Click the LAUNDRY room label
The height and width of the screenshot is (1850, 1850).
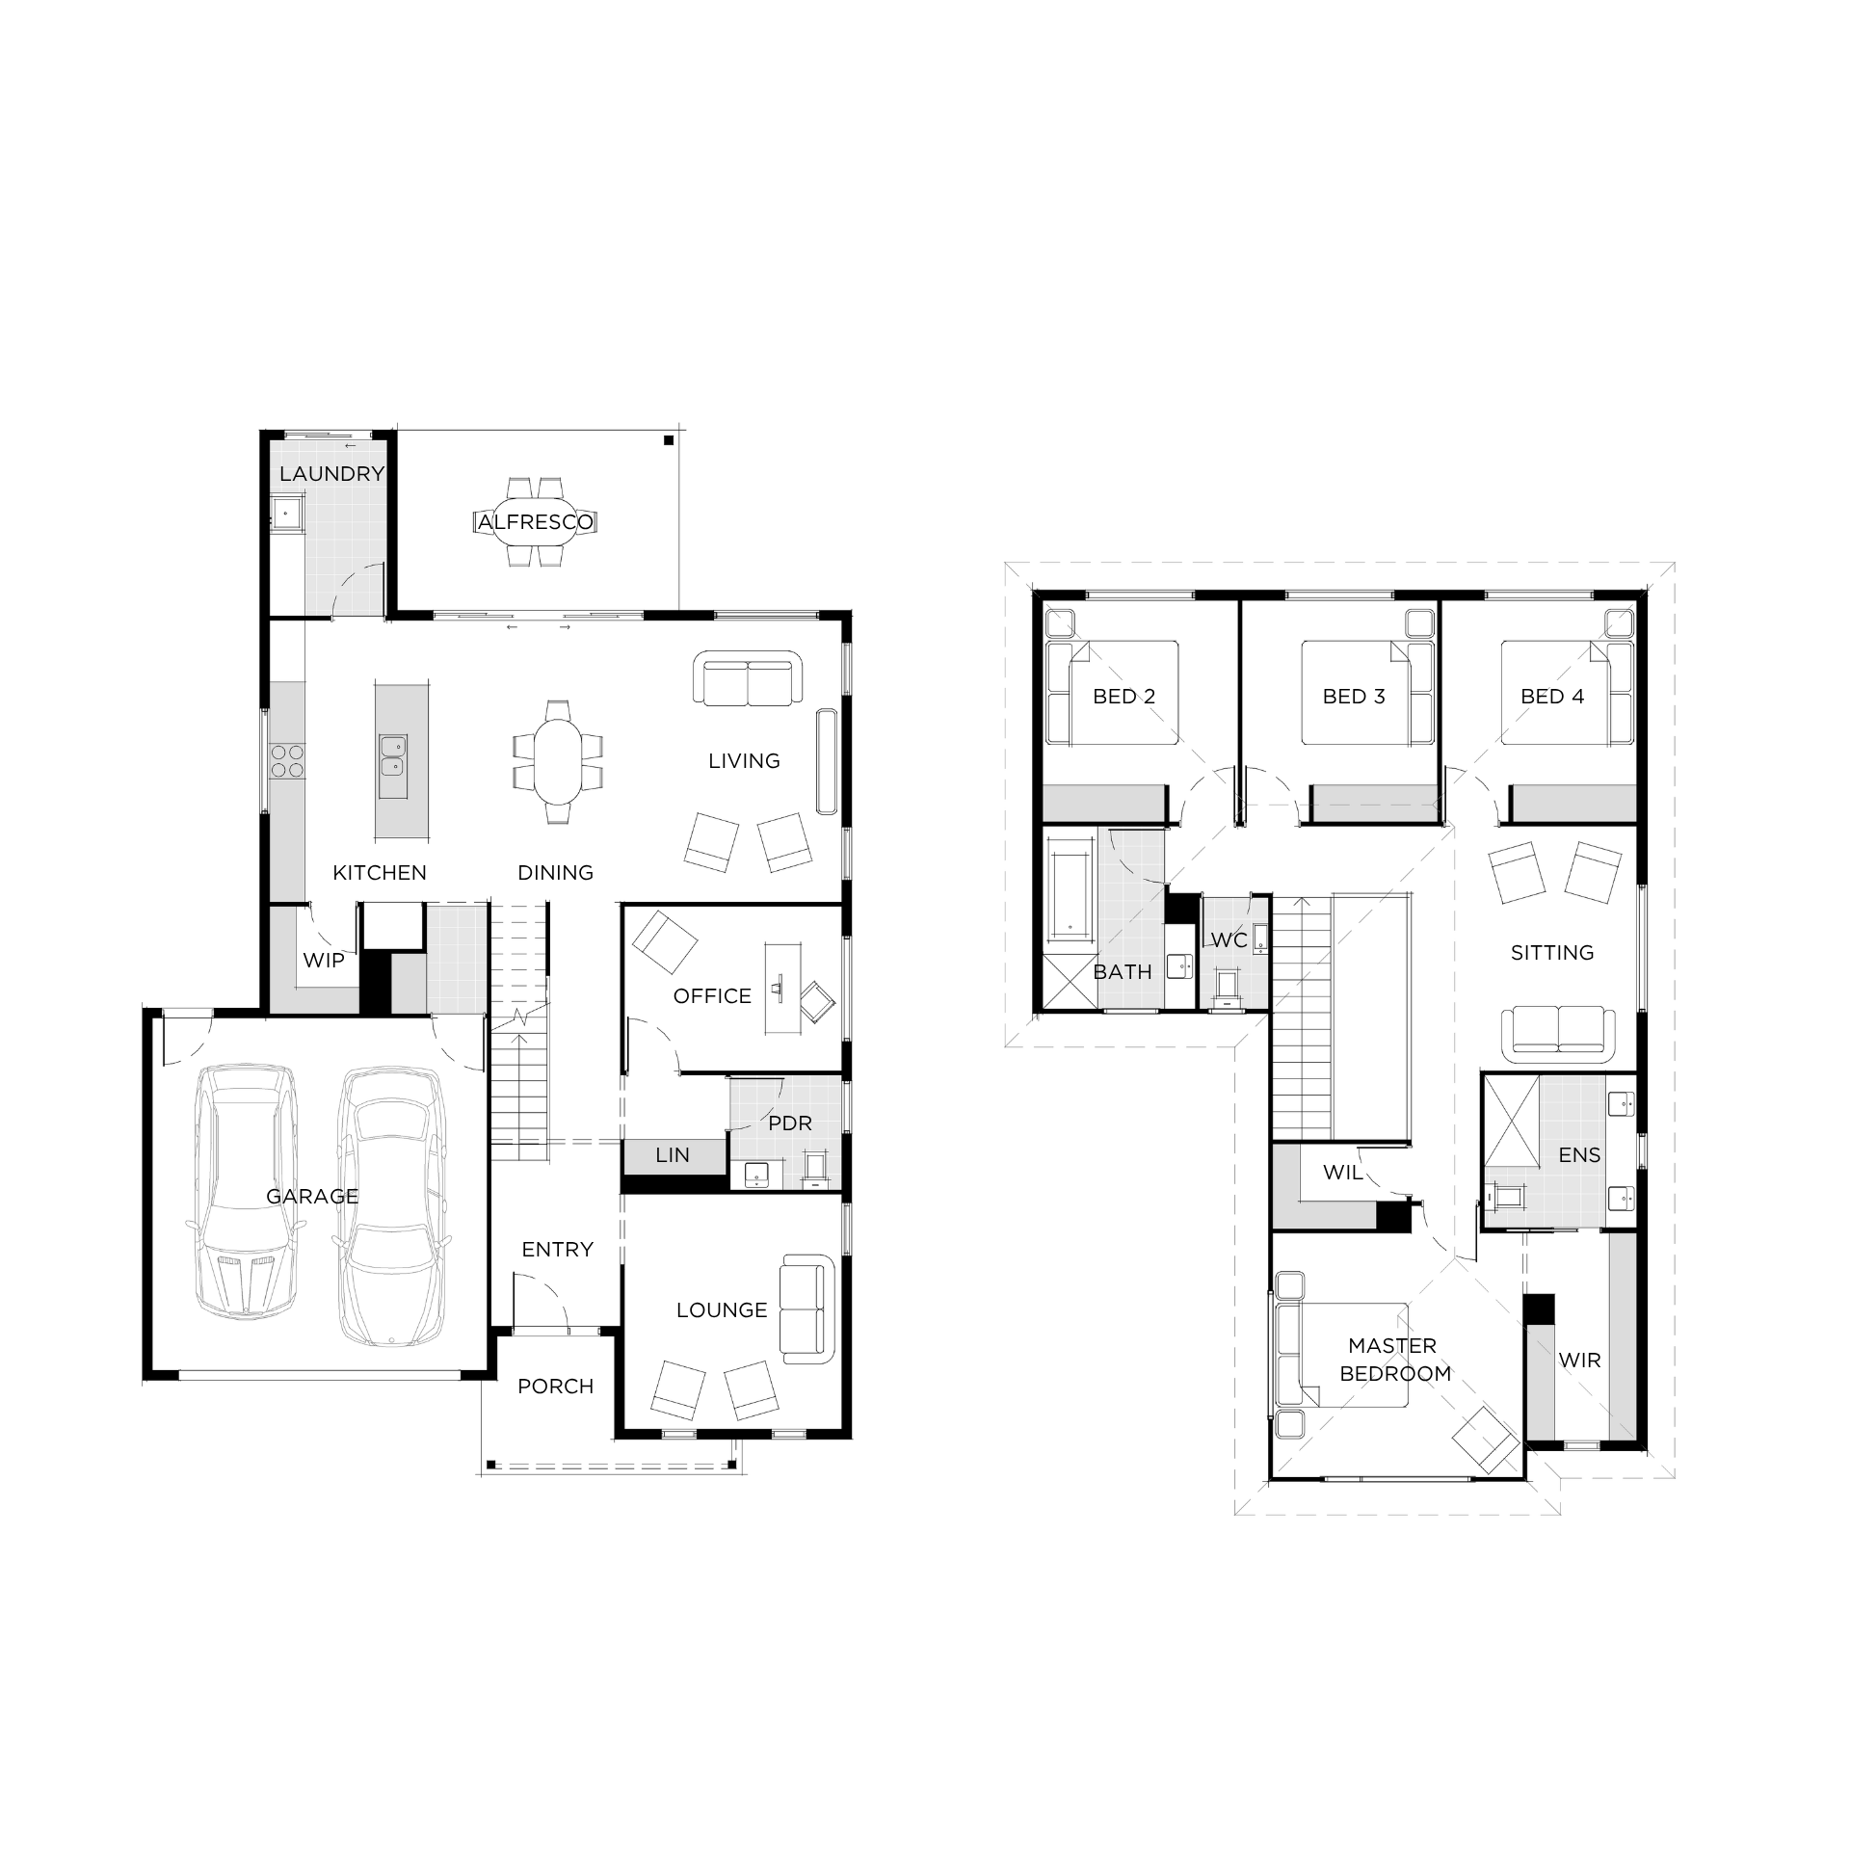click(331, 473)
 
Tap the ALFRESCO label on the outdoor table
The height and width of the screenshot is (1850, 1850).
click(536, 522)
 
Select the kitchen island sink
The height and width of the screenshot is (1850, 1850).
click(392, 754)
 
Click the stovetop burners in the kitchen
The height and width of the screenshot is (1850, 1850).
click(286, 761)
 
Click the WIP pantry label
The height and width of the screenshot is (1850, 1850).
click(324, 960)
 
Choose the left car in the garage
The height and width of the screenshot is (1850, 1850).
click(245, 1192)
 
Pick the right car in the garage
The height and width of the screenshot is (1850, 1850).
click(393, 1205)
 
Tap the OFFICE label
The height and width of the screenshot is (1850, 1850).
click(712, 995)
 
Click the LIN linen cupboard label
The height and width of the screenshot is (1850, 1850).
click(673, 1154)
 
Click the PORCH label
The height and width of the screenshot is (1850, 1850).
click(556, 1386)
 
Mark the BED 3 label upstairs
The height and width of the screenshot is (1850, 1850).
click(1354, 696)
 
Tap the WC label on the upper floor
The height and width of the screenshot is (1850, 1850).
click(1229, 939)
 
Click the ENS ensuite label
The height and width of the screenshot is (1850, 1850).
click(1579, 1154)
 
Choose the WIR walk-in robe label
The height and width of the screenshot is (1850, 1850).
click(1579, 1360)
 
